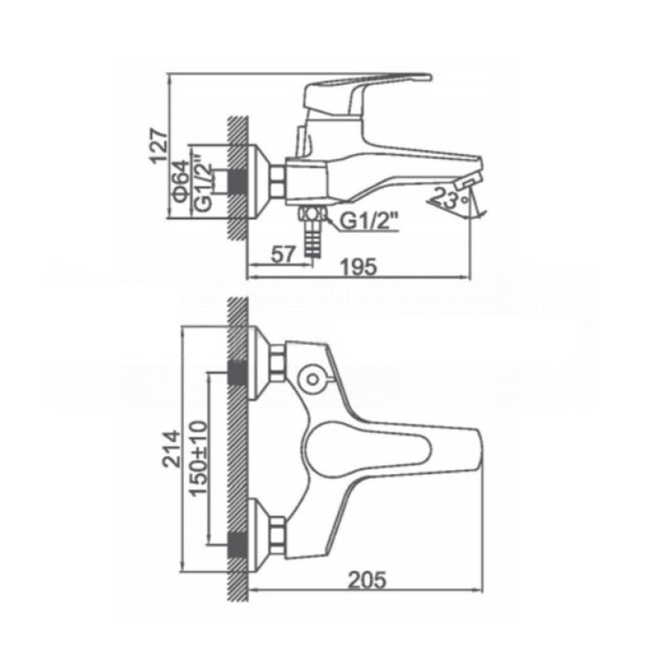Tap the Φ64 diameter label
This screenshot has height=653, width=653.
point(181,181)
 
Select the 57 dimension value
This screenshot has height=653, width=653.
point(283,254)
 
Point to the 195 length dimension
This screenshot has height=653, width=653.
point(358,267)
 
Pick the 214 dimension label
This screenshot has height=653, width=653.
point(172,449)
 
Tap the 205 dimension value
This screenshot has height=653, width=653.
point(367,580)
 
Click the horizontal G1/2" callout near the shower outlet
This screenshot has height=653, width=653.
point(368,220)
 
